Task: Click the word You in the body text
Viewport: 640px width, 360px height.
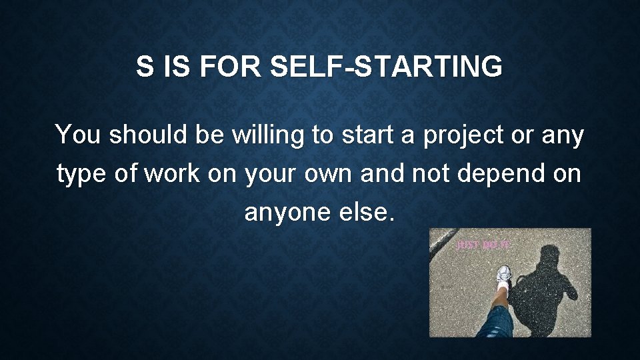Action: tap(78, 135)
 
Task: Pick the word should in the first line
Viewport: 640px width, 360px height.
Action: tap(149, 135)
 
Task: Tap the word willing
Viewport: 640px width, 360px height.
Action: tap(268, 135)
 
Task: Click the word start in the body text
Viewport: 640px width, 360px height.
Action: tap(369, 135)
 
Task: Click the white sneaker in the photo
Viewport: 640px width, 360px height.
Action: tap(504, 275)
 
